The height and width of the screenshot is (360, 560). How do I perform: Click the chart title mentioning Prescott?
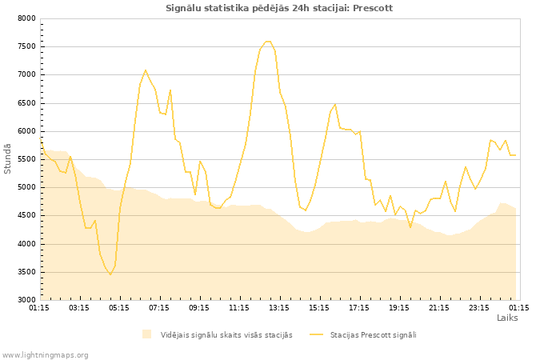279,8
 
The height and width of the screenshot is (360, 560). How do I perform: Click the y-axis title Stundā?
8,158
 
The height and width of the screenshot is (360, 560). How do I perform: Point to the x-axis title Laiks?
507,318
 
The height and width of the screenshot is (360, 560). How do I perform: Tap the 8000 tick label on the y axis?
26,18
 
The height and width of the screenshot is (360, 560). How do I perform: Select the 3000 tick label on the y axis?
26,300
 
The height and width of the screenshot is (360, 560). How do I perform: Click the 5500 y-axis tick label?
26,159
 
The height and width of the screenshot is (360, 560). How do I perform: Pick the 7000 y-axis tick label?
26,74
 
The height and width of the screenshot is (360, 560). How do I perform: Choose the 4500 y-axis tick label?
26,216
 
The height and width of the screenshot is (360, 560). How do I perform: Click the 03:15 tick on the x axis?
79,307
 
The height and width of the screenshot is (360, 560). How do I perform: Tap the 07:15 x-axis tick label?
159,307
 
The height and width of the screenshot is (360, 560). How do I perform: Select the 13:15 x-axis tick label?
279,307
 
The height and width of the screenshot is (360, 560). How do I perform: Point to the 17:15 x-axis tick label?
359,307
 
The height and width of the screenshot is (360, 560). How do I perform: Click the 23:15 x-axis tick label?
479,307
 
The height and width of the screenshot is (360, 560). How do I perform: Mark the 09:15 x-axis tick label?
199,307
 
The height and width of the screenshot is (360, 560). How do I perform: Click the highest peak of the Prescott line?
267,42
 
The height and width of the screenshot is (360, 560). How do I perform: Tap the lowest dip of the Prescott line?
110,274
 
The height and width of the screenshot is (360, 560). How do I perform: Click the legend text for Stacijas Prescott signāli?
373,334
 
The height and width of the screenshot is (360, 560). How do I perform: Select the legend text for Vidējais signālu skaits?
226,334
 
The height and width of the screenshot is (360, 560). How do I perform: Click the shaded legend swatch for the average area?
146,334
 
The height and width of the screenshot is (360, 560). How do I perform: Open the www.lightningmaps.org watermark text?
45,354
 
